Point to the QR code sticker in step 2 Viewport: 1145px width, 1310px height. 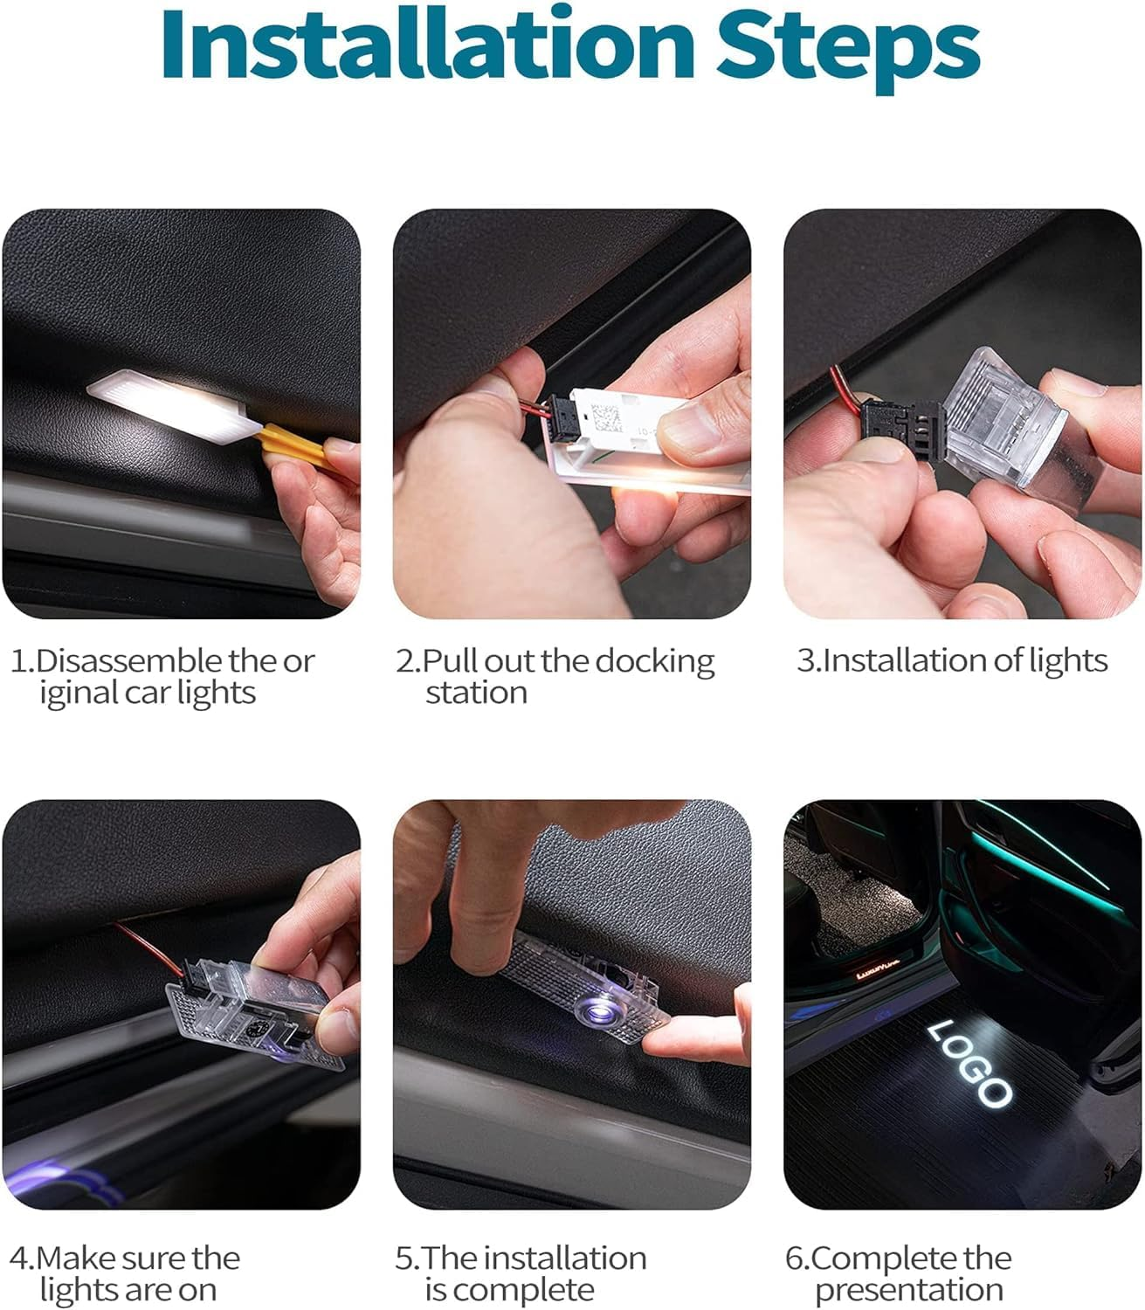(x=607, y=411)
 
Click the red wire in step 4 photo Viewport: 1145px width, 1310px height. (x=144, y=943)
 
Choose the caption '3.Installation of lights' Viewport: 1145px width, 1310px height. (x=952, y=661)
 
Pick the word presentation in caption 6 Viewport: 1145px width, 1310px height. (x=908, y=1290)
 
